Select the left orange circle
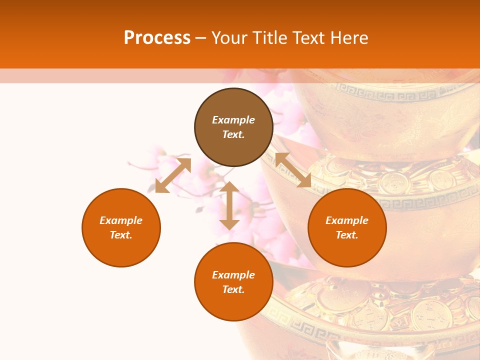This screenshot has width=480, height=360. [x=121, y=227]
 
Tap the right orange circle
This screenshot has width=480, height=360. [x=347, y=227]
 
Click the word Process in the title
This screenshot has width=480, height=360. [x=157, y=38]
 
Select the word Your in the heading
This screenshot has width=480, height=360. [x=229, y=38]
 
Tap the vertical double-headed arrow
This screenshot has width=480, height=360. [x=229, y=205]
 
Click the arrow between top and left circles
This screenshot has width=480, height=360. [x=173, y=175]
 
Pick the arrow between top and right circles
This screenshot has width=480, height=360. [x=293, y=170]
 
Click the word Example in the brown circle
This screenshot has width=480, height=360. [x=233, y=120]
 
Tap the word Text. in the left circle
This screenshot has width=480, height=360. [x=121, y=235]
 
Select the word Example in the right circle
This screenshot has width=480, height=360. [x=347, y=220]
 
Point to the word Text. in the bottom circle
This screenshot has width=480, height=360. [x=233, y=289]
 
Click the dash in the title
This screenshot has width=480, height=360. [x=201, y=38]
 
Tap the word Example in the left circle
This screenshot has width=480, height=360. [x=121, y=220]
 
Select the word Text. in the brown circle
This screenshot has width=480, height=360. [x=233, y=134]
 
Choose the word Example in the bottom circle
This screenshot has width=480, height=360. [x=233, y=275]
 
